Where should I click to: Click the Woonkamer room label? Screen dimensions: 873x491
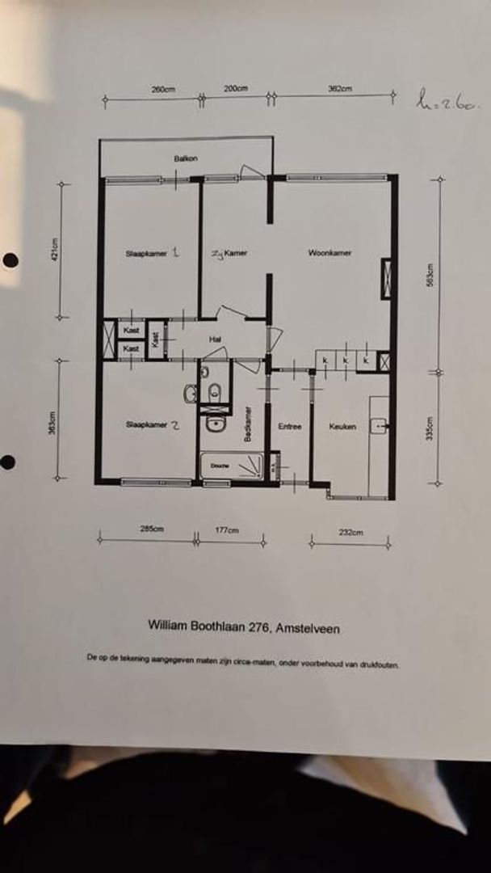pos(329,253)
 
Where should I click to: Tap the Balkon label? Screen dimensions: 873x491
pos(186,158)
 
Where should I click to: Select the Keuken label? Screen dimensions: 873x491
pos(342,426)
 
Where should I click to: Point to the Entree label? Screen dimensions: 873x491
pos(289,426)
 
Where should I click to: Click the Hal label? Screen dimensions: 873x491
pos(215,339)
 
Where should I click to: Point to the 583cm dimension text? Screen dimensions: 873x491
pos(430,277)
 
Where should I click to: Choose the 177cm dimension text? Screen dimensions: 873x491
pos(227,530)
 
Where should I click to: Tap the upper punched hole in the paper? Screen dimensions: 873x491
pos(10,259)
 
